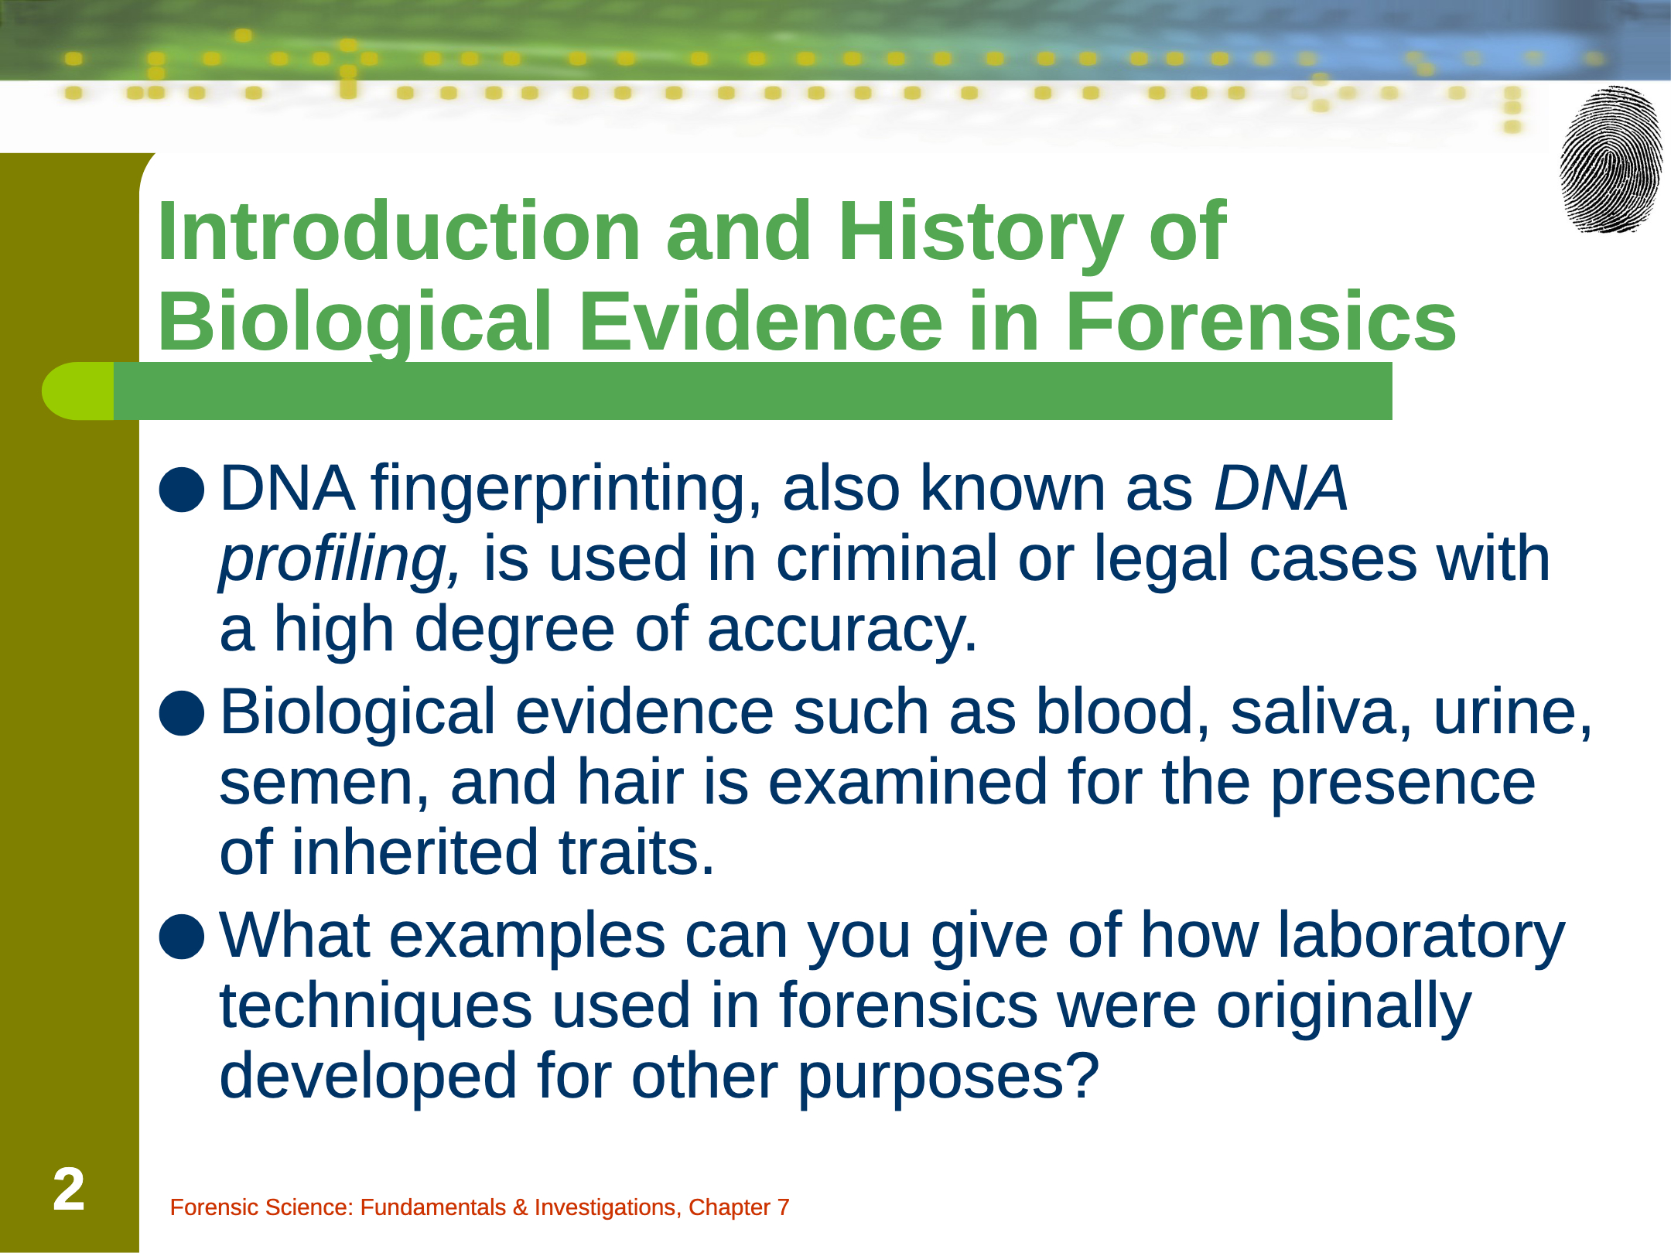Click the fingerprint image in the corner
click(x=1611, y=159)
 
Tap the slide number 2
click(x=69, y=1190)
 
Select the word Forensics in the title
click(x=1260, y=320)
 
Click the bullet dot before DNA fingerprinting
click(x=182, y=489)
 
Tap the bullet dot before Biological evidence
click(x=182, y=712)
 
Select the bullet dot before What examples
click(x=182, y=936)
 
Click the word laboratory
click(x=1421, y=937)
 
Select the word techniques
click(x=376, y=1008)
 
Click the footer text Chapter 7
click(x=739, y=1207)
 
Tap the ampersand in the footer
click(x=520, y=1207)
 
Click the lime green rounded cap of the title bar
click(x=77, y=391)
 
